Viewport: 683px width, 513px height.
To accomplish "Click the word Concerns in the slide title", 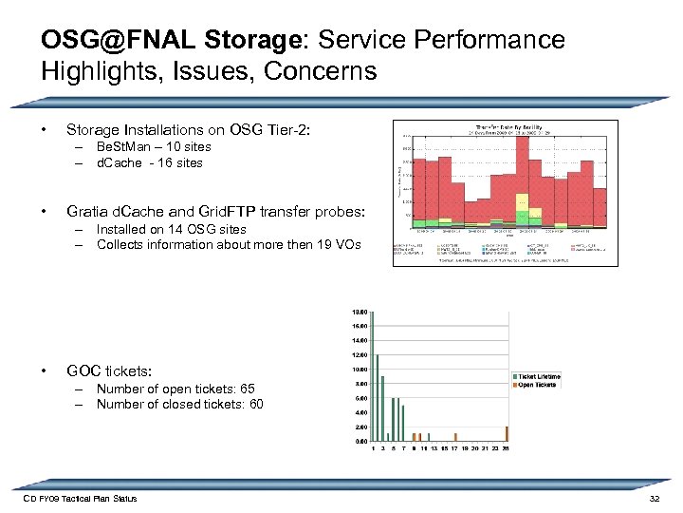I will pyautogui.click(x=322, y=71).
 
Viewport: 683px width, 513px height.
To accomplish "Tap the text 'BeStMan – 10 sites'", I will pyautogui.click(x=154, y=147).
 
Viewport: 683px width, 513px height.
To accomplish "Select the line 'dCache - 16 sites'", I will pyautogui.click(x=149, y=162).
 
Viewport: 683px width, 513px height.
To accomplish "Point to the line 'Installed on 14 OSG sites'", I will pyautogui.click(x=171, y=229).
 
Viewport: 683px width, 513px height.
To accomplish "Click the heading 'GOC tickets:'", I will pyautogui.click(x=109, y=370).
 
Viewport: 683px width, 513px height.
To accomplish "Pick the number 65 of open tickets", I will pyautogui.click(x=248, y=389).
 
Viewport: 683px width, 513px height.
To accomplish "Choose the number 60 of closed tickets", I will pyautogui.click(x=255, y=404).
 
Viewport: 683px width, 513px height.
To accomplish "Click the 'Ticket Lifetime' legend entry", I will pyautogui.click(x=536, y=376).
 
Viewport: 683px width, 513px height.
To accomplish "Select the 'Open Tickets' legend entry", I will pyautogui.click(x=534, y=385).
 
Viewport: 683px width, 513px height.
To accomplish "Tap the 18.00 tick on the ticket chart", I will pyautogui.click(x=360, y=312).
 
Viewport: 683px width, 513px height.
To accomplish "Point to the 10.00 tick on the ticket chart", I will pyautogui.click(x=360, y=370).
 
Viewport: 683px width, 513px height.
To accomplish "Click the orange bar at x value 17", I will pyautogui.click(x=455, y=440).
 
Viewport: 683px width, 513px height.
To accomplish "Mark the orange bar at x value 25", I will pyautogui.click(x=508, y=434).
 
